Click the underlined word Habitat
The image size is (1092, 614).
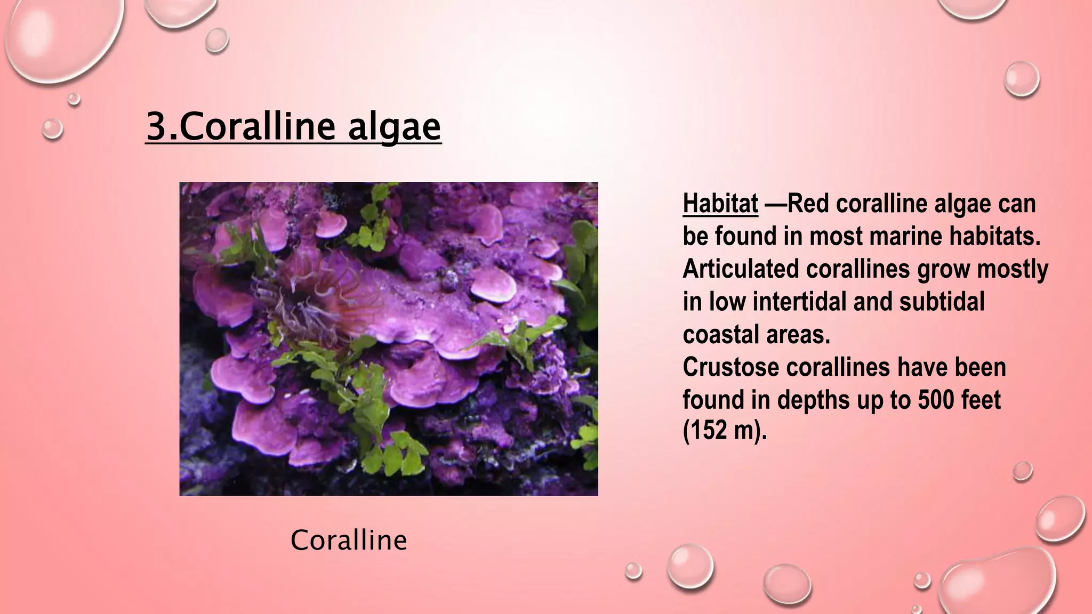[x=720, y=204]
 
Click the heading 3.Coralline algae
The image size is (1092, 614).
[x=293, y=127]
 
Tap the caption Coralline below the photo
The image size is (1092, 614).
[x=349, y=540]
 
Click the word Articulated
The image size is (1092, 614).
[x=741, y=269]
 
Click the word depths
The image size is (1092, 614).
[x=814, y=400]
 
